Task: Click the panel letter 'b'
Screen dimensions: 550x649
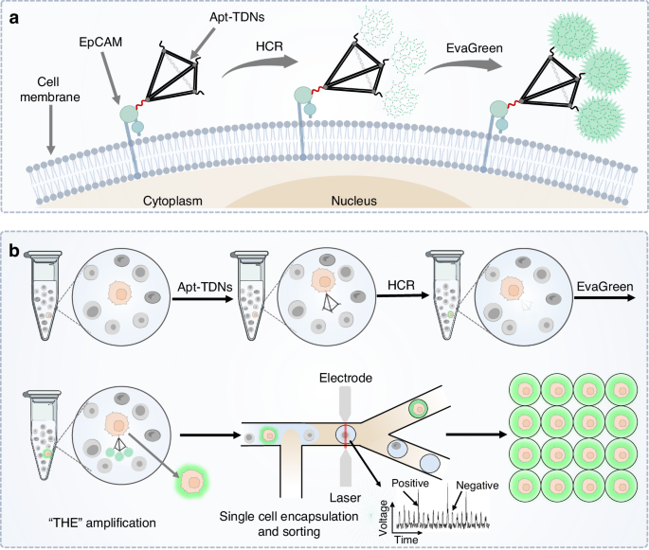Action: (x=14, y=252)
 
